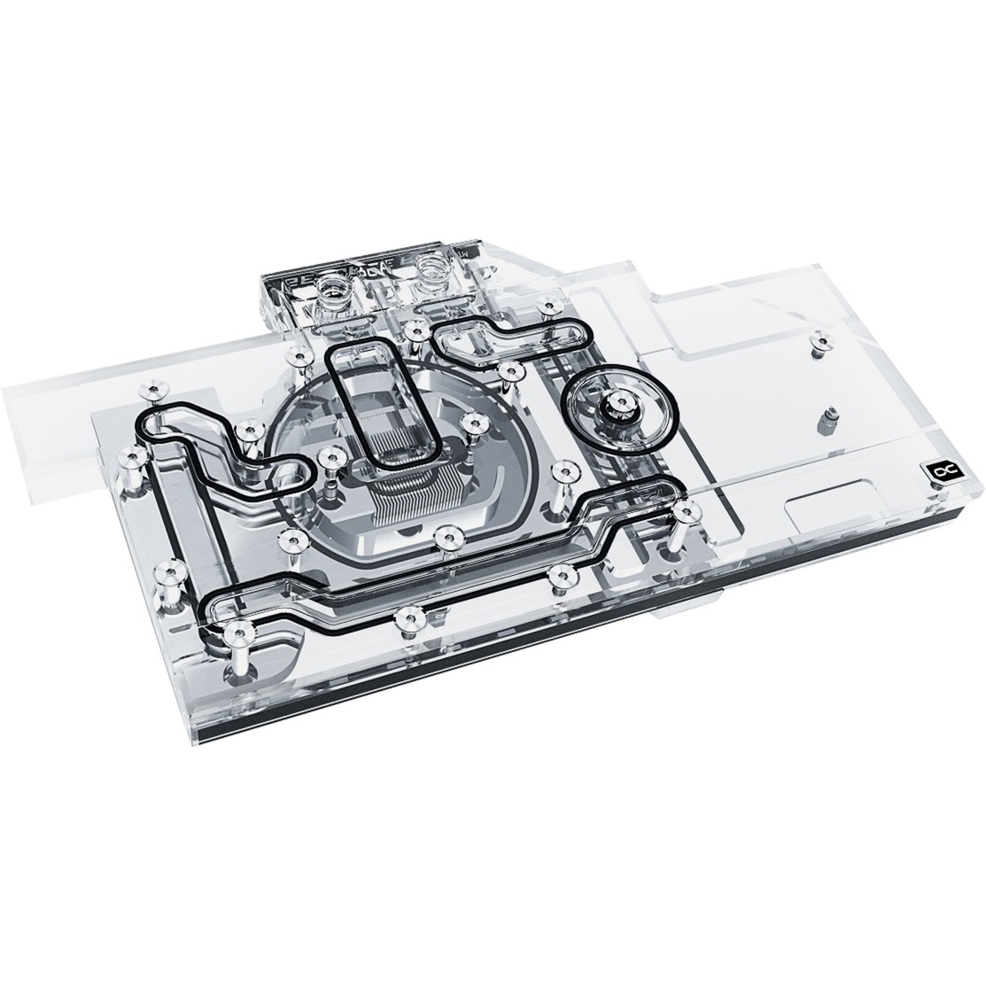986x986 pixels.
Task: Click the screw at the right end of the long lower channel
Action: coord(683,514)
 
